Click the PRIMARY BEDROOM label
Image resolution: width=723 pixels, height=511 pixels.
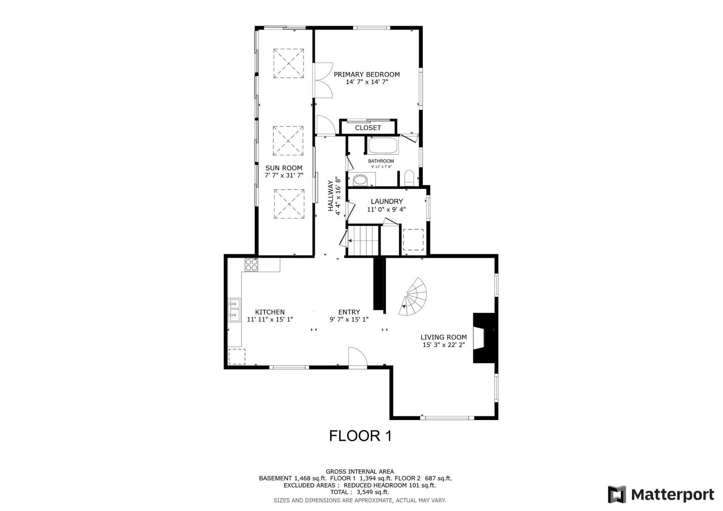tap(367, 74)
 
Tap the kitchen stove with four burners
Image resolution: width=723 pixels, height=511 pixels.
tap(251, 265)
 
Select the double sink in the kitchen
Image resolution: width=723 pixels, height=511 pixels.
tap(234, 310)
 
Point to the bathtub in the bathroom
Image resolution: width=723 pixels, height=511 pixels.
tap(383, 146)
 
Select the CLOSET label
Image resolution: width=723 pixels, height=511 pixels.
tap(368, 128)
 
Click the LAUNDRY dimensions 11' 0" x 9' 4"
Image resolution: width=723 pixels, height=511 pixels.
tap(386, 209)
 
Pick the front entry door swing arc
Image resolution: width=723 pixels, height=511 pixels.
tap(358, 357)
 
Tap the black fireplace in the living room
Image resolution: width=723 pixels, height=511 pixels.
tap(484, 338)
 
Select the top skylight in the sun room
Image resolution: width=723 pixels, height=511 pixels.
tap(288, 64)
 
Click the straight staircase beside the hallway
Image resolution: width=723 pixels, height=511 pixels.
tap(363, 240)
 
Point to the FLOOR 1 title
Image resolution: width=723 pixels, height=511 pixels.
tap(360, 436)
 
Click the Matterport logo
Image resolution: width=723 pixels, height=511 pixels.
tap(661, 494)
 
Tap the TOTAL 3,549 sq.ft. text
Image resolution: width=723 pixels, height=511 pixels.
tap(359, 492)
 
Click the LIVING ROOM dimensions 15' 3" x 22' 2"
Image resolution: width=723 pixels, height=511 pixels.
tap(444, 345)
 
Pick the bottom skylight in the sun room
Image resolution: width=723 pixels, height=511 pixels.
tap(289, 204)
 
